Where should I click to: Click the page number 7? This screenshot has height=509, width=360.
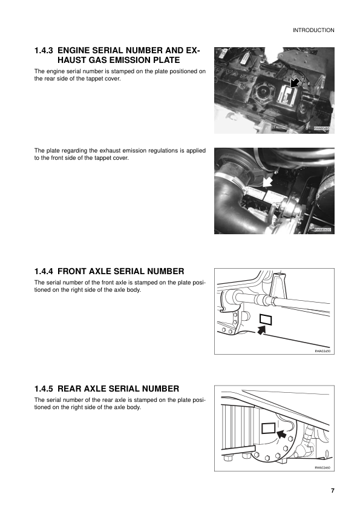(x=332, y=490)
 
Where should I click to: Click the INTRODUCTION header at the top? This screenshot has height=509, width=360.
(x=313, y=30)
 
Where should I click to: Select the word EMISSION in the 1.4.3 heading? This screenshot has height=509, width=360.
(x=125, y=61)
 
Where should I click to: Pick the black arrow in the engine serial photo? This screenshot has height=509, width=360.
(x=294, y=82)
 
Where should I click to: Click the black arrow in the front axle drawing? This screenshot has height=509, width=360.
(x=261, y=330)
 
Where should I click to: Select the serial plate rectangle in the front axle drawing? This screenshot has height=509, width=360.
(x=266, y=319)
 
